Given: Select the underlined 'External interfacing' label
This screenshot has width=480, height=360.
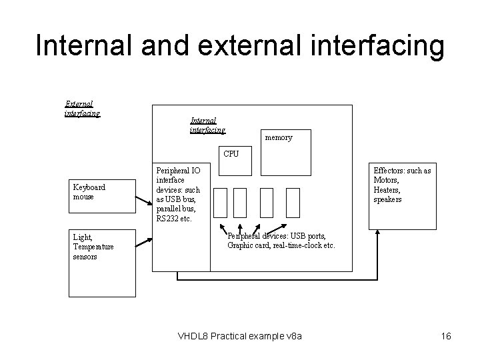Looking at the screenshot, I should coord(82,109).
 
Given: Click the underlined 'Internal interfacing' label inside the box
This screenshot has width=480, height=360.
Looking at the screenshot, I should coord(208,125).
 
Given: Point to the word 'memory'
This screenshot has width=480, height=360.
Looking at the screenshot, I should coord(278,137).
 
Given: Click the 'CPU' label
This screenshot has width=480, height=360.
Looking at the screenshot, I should coord(231,153).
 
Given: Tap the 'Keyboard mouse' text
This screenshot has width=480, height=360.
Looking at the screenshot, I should coord(89,192).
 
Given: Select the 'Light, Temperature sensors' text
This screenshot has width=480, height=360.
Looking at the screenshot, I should coord(93,247).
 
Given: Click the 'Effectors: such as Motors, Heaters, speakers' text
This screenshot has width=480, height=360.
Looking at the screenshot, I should coord(402,185).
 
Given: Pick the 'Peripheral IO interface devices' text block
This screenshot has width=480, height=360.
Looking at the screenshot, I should coord(177,194).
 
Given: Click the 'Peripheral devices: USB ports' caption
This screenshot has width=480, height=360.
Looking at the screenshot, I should coord(281,241).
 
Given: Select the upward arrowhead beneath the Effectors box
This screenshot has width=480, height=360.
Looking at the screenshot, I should coord(377,233).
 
